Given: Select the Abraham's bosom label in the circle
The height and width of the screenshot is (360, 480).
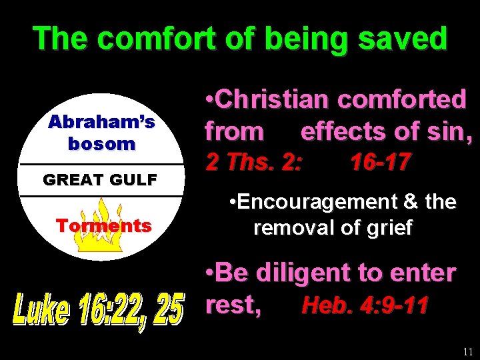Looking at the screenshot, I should pos(101,132).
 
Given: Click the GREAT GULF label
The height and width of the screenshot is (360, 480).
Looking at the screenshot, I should pos(100,179).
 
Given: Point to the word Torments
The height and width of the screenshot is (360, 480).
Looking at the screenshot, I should pos(103,225).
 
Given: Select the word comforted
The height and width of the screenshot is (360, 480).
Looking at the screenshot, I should pos(401,99).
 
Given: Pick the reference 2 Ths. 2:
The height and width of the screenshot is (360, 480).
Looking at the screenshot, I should pos(252,162).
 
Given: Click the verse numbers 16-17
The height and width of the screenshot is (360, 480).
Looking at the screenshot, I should pos(381,162).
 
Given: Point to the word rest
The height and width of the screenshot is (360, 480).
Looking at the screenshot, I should pos(231,305).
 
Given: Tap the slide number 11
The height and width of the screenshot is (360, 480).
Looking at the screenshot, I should pos(467,351).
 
